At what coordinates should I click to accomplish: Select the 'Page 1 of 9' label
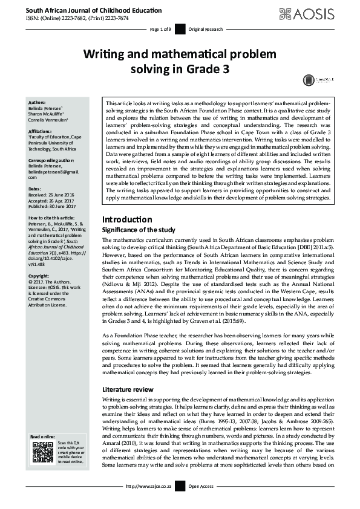point(161,29)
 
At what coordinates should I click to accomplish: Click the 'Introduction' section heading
point(127,219)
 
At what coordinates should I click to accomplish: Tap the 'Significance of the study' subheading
point(139,230)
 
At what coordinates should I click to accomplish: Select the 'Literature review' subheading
point(129,389)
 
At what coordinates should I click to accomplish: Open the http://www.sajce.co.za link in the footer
point(149,486)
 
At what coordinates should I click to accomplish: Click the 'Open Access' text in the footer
point(201,486)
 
